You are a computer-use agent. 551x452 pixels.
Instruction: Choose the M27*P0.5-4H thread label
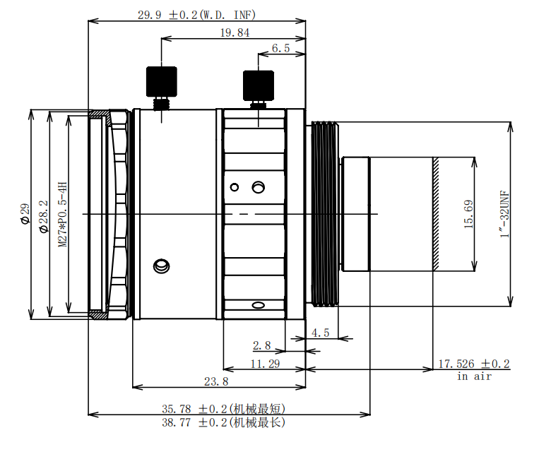click(62, 213)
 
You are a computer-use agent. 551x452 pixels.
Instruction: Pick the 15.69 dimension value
click(468, 215)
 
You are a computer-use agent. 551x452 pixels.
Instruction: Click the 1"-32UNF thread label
click(504, 214)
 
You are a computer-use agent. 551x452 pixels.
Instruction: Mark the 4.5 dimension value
click(321, 332)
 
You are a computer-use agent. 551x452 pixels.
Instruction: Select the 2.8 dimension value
click(261, 345)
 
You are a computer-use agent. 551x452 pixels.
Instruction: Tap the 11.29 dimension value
click(265, 363)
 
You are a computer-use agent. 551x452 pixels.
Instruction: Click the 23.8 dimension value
click(216, 381)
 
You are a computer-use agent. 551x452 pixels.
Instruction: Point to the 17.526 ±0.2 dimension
click(473, 364)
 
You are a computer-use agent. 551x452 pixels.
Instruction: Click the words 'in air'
click(473, 376)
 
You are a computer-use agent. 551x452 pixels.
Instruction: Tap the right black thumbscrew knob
click(258, 85)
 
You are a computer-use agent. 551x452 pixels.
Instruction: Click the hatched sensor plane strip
click(436, 214)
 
